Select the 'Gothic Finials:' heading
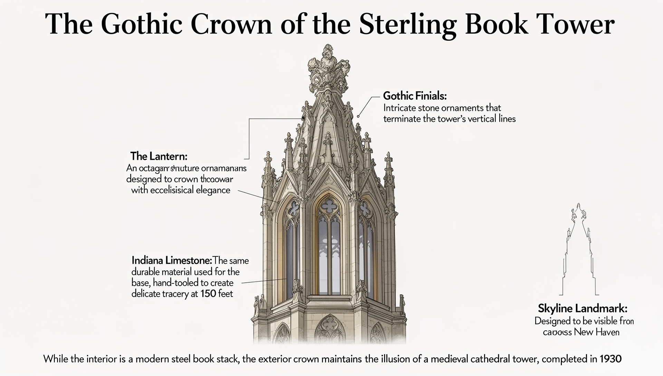[x=415, y=96]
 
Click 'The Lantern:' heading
[x=159, y=156]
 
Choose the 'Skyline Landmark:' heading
[x=583, y=308]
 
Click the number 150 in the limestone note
[x=208, y=294]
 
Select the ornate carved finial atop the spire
[x=328, y=67]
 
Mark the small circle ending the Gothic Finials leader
[x=358, y=116]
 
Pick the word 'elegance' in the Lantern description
[x=213, y=190]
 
